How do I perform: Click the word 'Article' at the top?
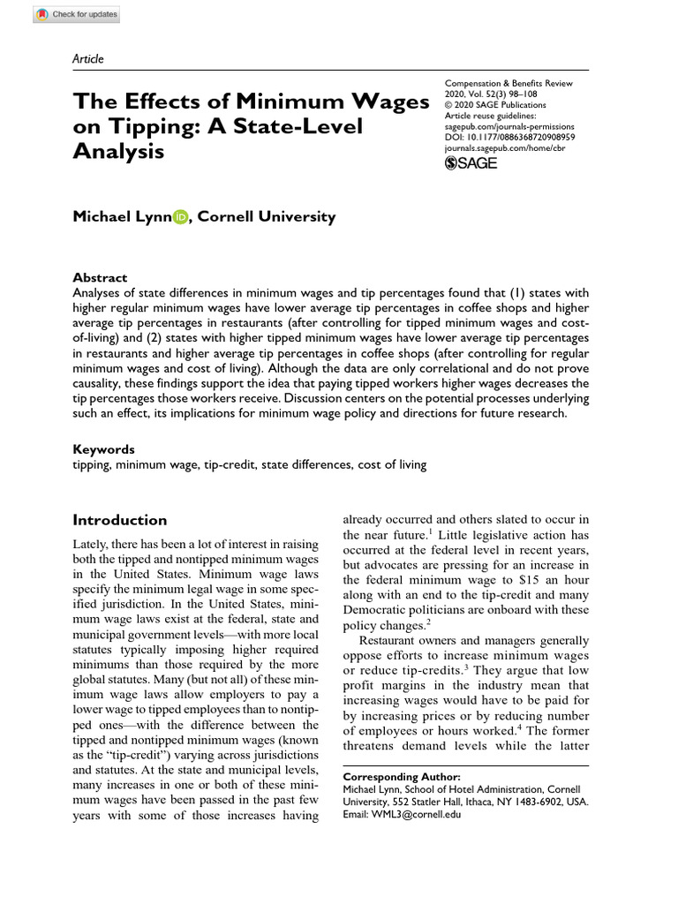[87, 59]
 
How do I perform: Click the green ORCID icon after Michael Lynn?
[180, 217]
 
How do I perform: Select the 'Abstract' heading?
[100, 277]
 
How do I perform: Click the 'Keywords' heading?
[103, 449]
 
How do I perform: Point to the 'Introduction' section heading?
[119, 520]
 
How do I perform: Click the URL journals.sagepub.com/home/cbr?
[505, 148]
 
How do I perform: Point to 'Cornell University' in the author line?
[267, 217]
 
